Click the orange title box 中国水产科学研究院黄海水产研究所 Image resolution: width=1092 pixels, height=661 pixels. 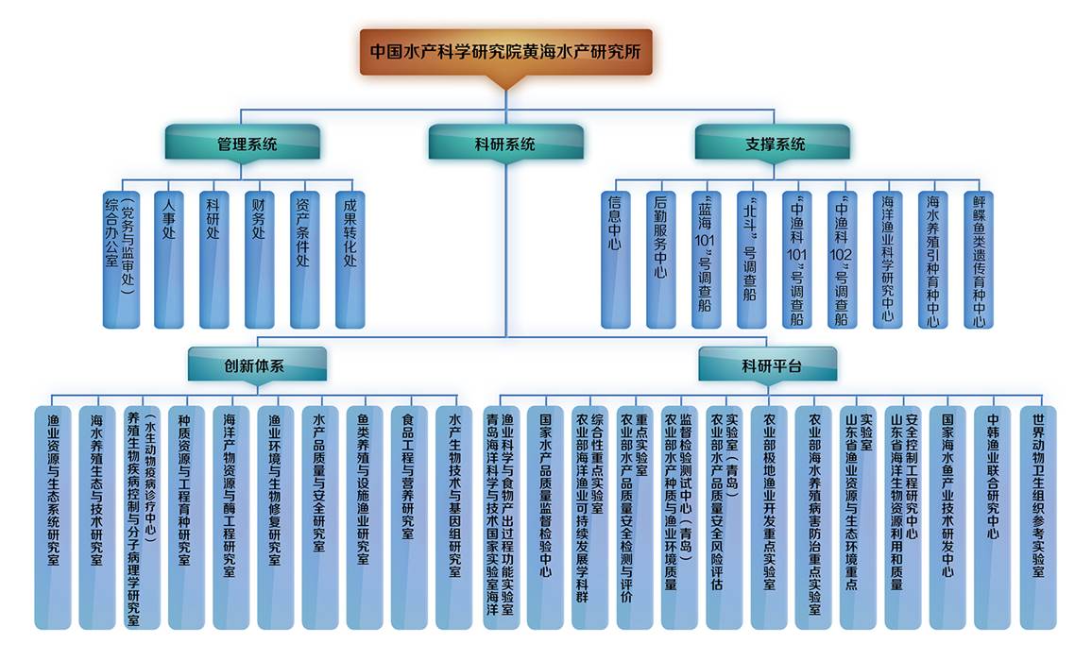(x=505, y=52)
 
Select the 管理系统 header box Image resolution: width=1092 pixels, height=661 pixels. (x=242, y=144)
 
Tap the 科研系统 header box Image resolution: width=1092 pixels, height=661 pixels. (x=504, y=144)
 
